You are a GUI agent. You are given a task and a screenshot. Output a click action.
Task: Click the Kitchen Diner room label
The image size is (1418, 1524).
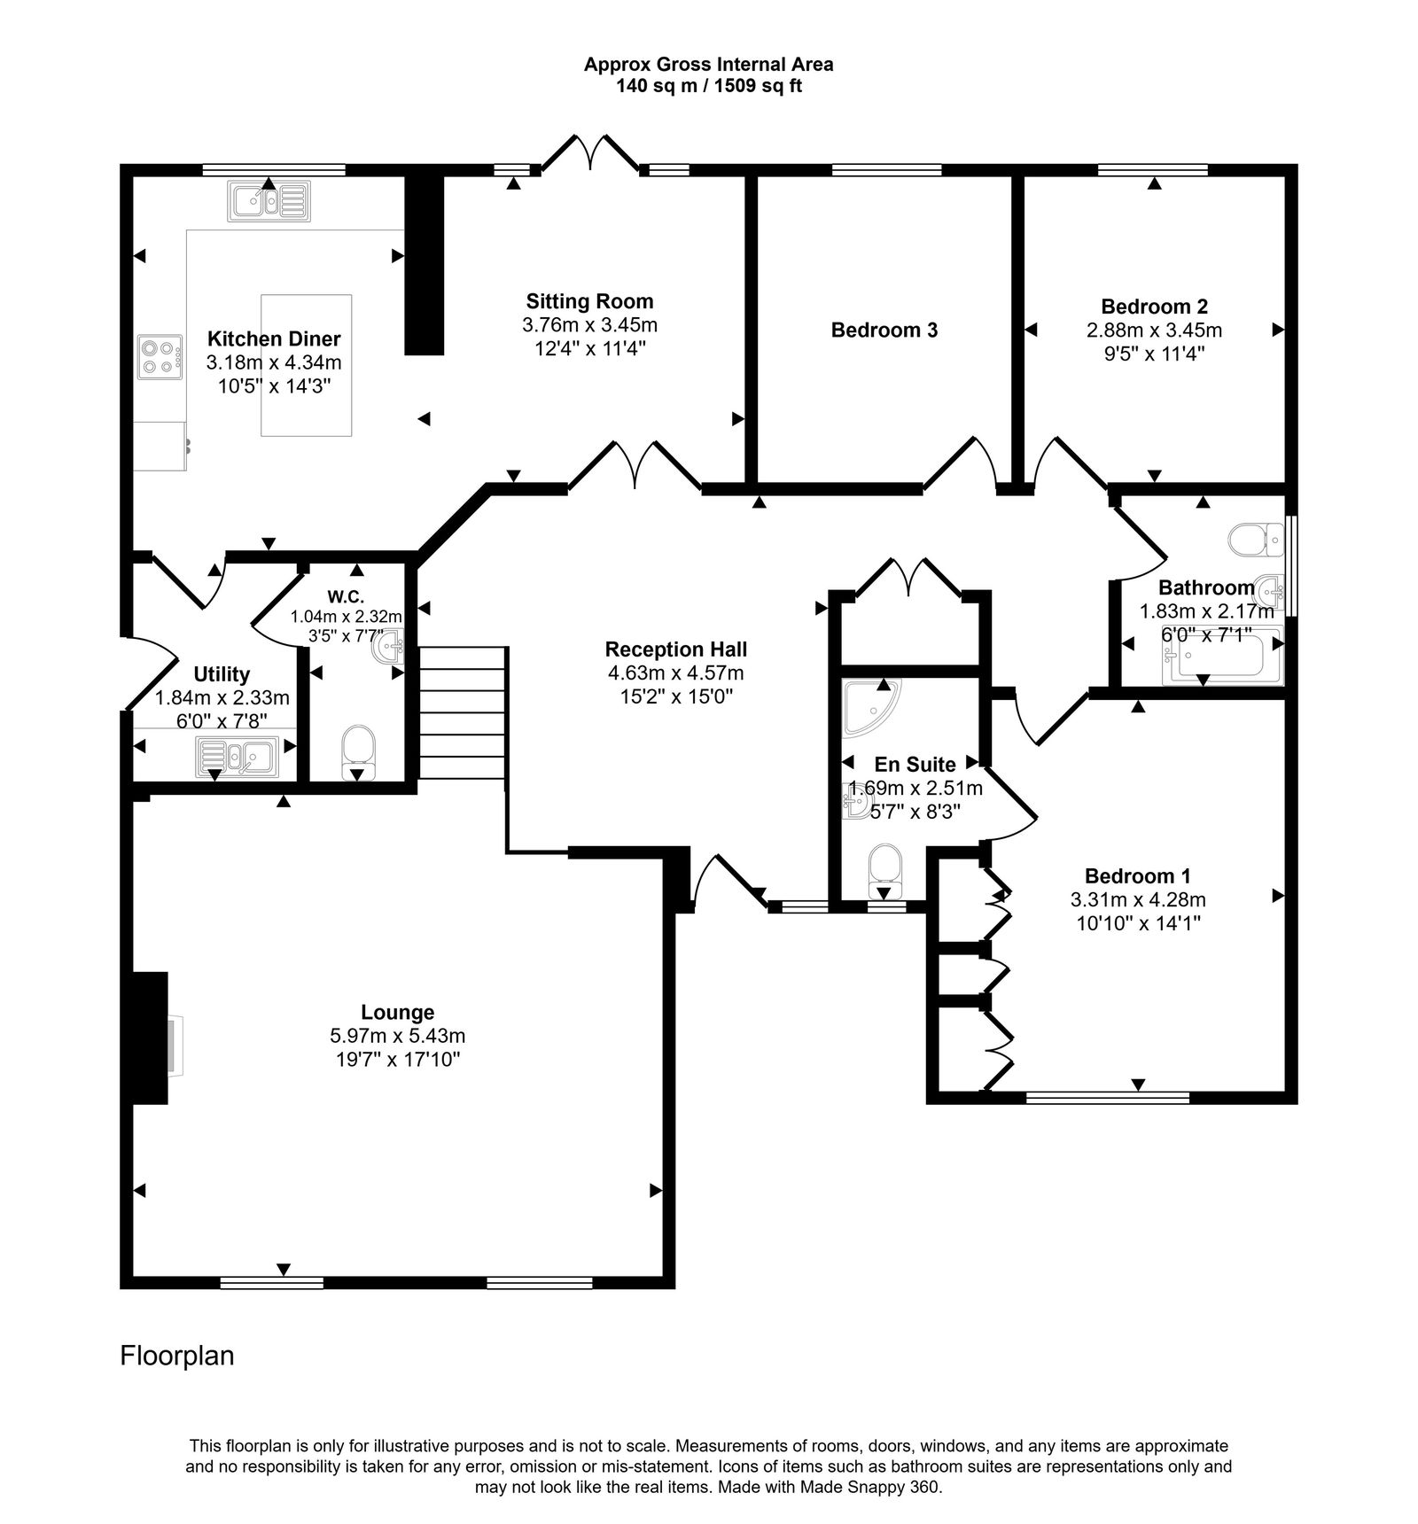273,338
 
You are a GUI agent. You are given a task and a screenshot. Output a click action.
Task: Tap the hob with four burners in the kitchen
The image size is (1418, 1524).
160,357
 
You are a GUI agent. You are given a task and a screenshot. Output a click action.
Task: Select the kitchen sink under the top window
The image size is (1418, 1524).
269,201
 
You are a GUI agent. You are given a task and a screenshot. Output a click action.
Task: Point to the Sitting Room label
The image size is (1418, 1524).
589,301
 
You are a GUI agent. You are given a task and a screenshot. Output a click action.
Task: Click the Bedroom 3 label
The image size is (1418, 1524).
884,330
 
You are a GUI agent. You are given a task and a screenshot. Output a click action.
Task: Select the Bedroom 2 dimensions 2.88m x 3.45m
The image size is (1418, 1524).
1154,330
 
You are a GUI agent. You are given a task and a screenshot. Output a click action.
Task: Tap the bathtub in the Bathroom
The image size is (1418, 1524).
1223,656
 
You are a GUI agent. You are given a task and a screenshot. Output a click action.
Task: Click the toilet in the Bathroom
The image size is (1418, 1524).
1256,539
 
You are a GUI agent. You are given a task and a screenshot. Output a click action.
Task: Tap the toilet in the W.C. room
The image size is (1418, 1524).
358,746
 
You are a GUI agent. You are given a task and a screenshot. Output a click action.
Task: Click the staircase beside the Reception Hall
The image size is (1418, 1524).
461,712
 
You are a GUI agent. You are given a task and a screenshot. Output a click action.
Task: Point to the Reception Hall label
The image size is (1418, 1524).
675,649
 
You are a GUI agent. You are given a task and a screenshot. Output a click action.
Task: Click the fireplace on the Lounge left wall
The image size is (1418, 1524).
151,1038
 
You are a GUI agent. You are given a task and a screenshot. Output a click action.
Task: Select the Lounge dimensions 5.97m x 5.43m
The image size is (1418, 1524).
397,1036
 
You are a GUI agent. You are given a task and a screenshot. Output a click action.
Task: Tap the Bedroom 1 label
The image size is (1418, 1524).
1137,876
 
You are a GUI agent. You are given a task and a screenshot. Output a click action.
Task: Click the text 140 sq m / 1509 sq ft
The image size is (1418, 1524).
708,86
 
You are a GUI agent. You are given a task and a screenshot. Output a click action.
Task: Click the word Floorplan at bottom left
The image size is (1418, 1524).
176,1356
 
